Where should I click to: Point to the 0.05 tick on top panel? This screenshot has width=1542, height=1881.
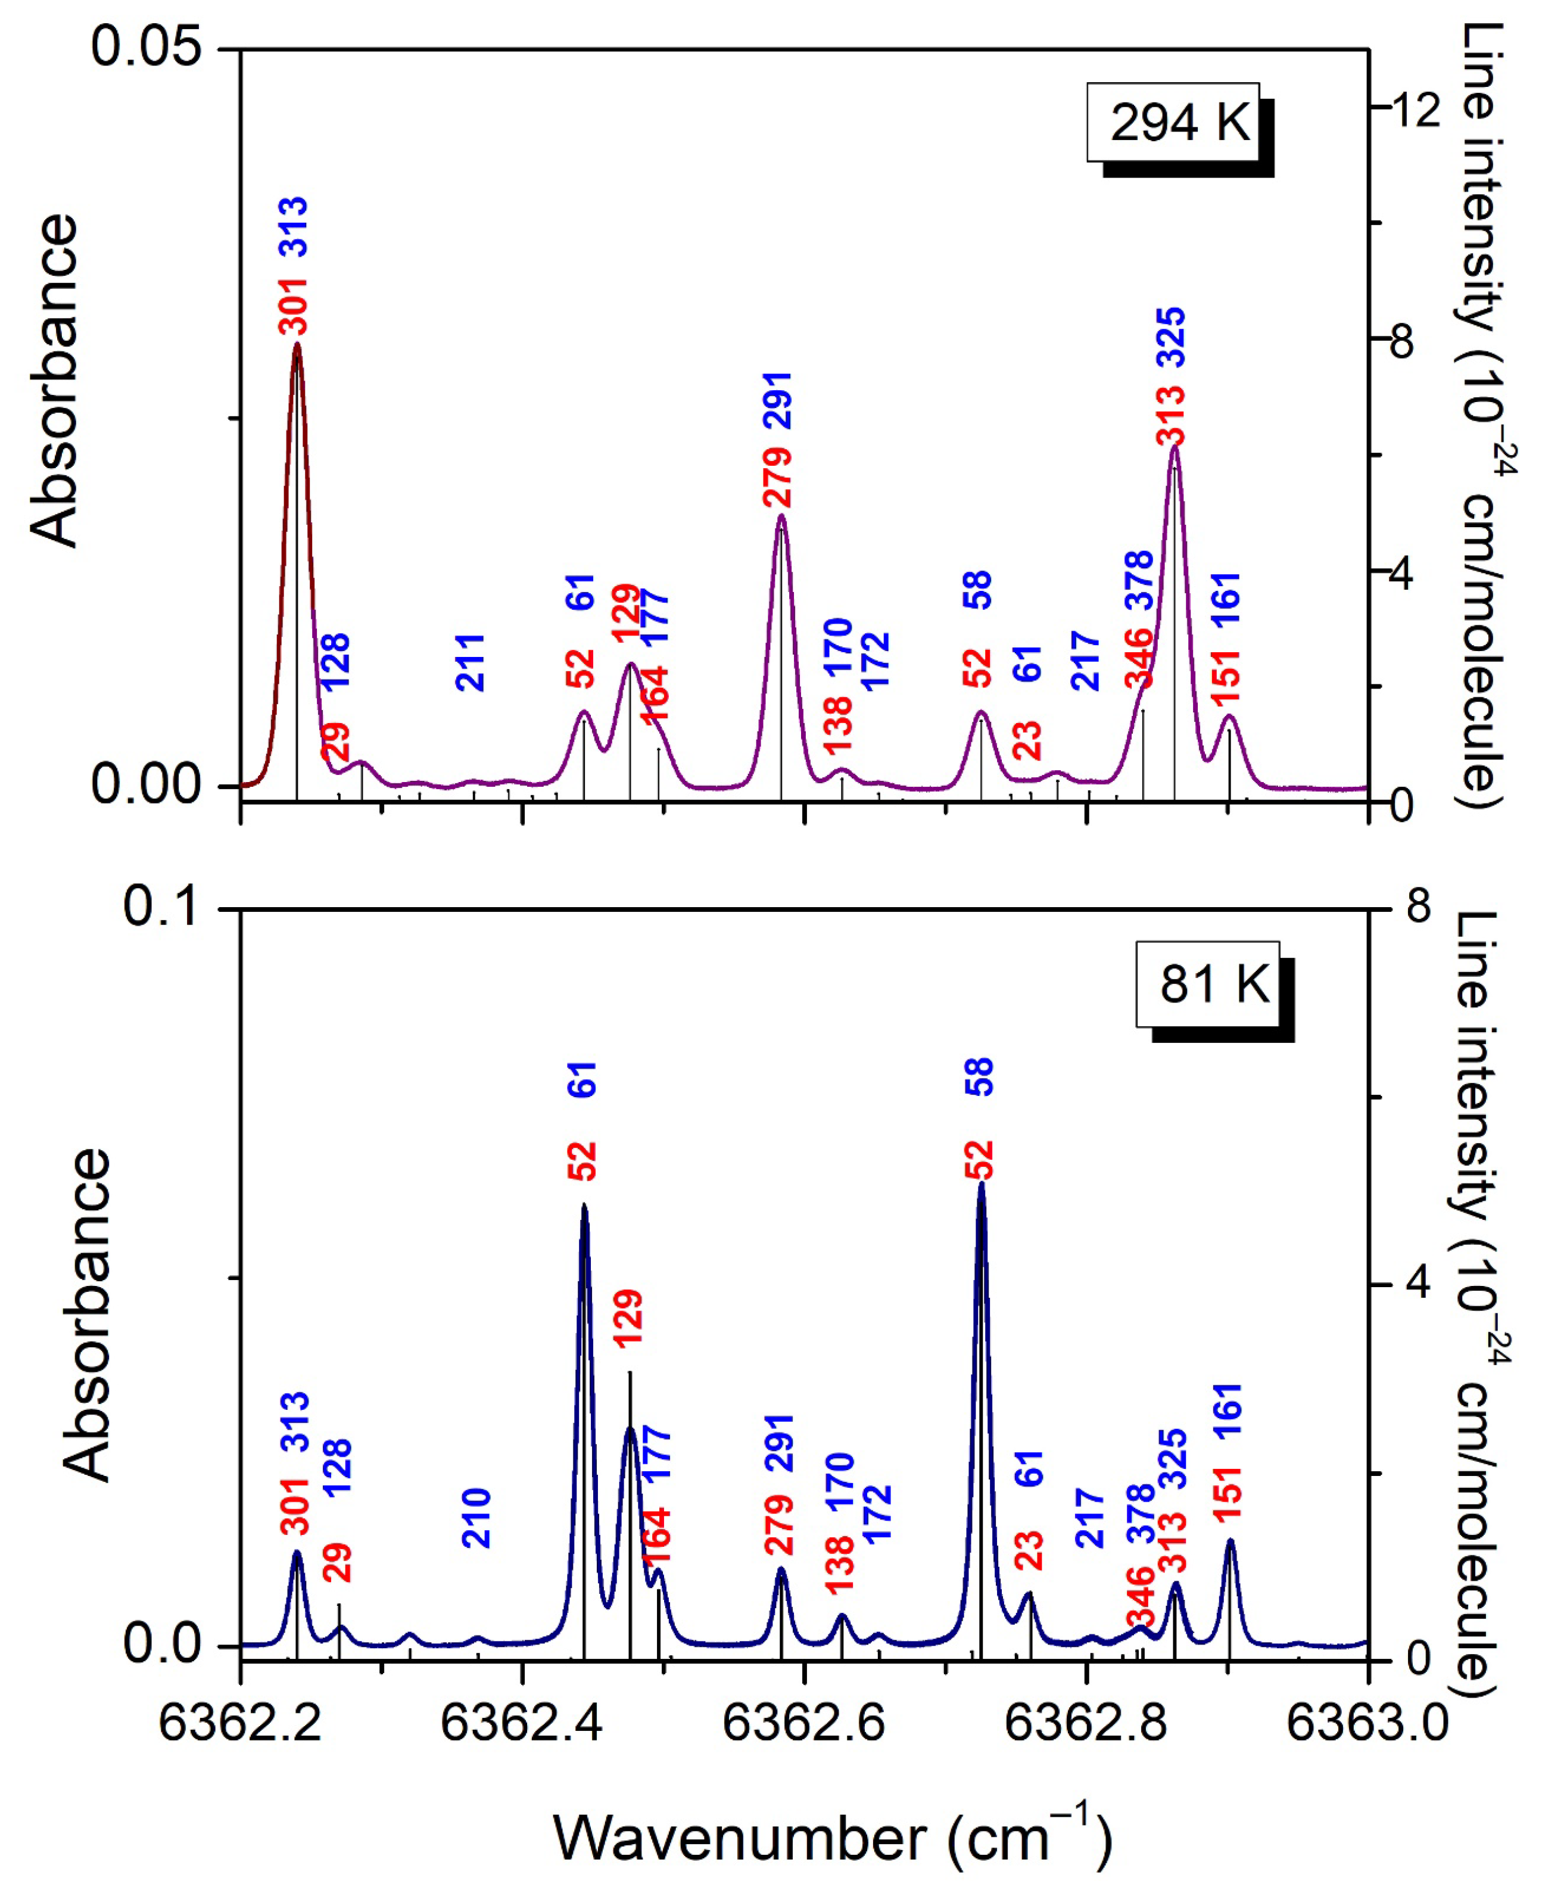pos(146,46)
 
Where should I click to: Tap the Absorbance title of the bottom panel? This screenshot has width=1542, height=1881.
pos(87,1315)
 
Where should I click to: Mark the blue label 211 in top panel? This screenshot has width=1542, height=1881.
pos(470,662)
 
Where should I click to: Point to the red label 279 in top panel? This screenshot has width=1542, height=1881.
pos(777,478)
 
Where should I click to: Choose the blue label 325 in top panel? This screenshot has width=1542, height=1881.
pos(1171,337)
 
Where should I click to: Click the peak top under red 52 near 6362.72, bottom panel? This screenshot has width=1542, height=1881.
pos(980,1184)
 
